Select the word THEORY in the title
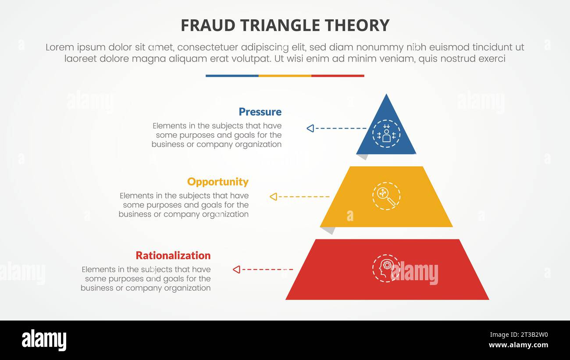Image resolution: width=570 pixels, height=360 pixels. (363, 25)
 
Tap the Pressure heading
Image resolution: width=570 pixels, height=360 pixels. (260, 112)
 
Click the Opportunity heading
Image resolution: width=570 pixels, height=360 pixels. (217, 182)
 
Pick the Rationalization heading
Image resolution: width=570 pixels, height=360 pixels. (173, 255)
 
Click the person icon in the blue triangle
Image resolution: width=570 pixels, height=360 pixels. (386, 133)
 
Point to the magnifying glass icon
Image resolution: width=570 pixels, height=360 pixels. (386, 196)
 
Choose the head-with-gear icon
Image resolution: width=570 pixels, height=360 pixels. (385, 268)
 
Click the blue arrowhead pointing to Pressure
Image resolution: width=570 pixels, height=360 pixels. (310, 128)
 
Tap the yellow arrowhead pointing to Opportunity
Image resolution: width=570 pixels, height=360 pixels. (273, 196)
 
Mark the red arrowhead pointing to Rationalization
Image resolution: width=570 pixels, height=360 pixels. (236, 269)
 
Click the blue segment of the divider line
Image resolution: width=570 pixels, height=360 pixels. (232, 76)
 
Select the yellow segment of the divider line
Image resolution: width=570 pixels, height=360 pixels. (285, 76)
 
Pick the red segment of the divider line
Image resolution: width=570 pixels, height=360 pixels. (338, 76)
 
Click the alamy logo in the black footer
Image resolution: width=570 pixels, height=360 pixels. (44, 340)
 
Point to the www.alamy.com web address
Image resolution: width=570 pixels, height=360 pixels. (518, 345)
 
